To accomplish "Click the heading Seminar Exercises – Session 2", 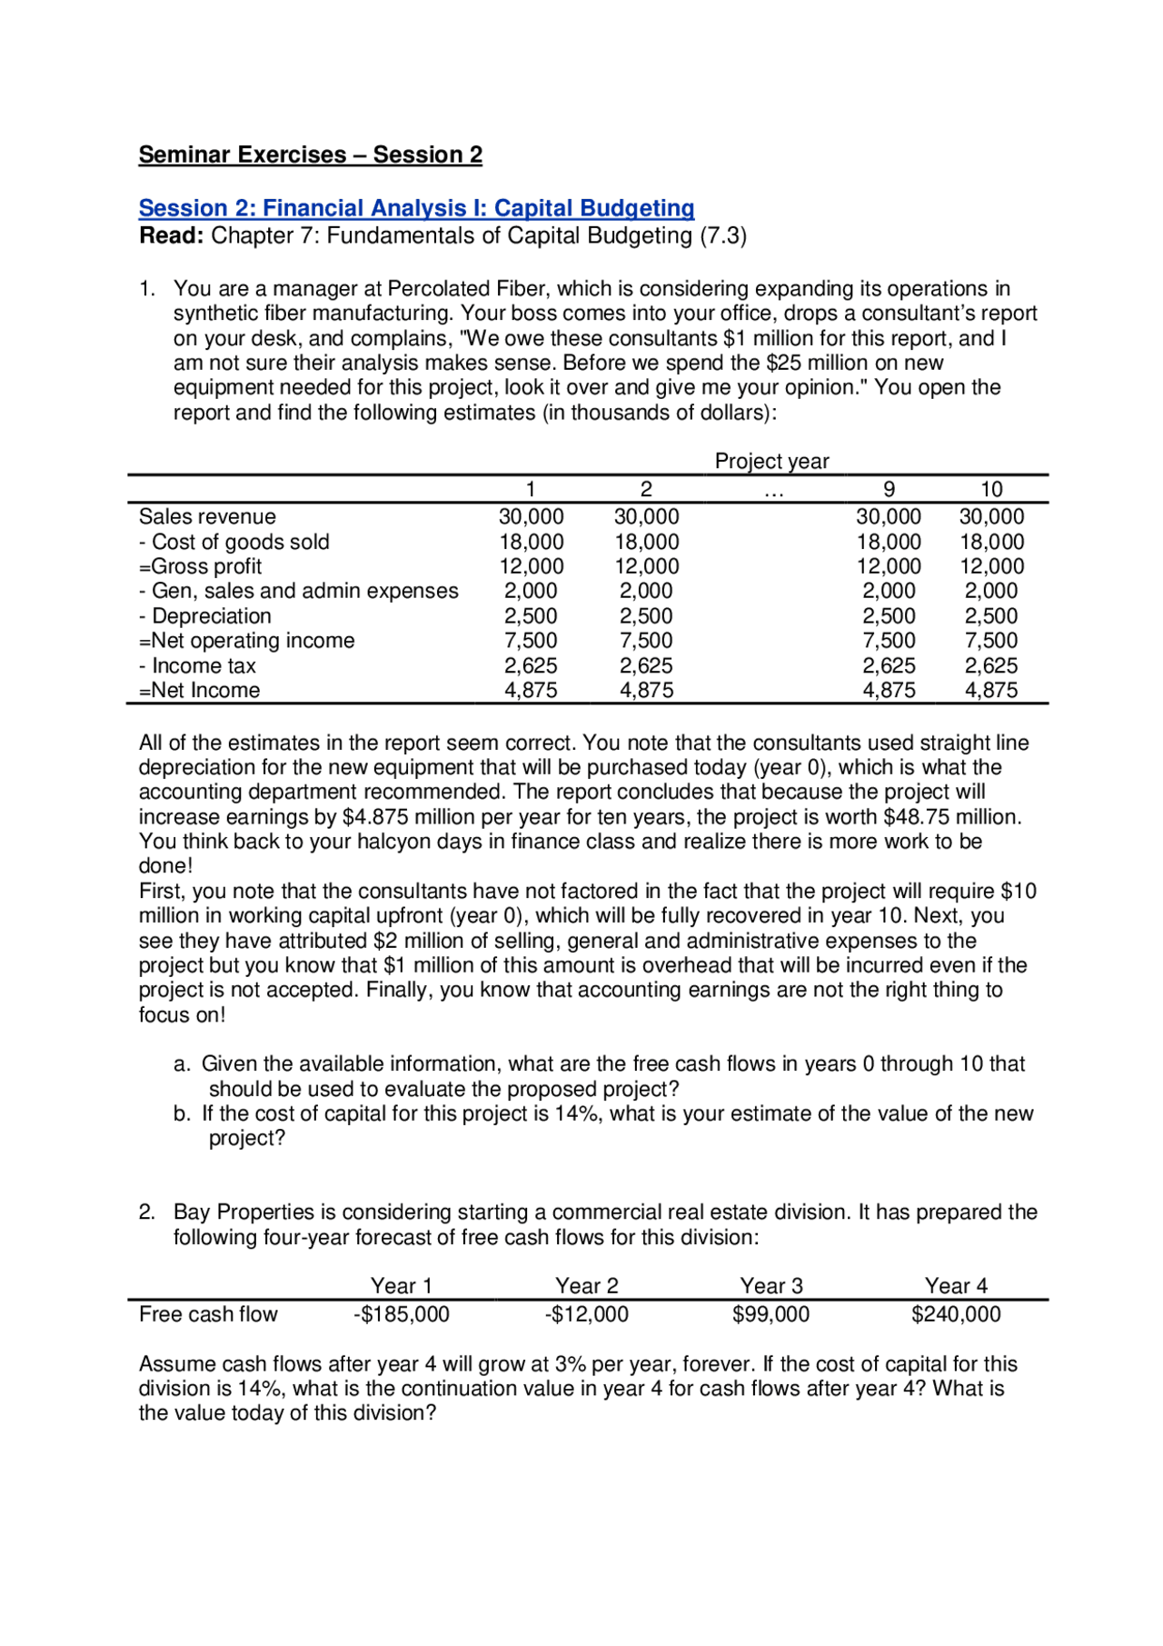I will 310,155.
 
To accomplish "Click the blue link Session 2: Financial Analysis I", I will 416,208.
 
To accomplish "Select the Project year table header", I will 771,462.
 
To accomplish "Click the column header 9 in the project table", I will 889,489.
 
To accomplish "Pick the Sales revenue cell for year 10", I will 991,517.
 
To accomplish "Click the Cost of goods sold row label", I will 234,543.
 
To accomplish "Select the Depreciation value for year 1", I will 531,616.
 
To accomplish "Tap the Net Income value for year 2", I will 646,691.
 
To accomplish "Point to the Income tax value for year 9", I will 889,666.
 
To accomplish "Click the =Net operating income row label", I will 246,641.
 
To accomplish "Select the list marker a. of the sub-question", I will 182,1064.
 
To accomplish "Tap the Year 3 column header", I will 771,1286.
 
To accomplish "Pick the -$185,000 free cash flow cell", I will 401,1314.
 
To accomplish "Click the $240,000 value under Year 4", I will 956,1314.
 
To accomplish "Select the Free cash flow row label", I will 208,1314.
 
